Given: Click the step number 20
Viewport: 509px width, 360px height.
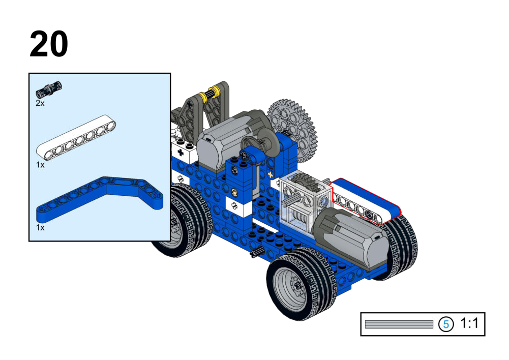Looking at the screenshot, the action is tap(49, 44).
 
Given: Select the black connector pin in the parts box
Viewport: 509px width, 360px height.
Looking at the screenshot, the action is tap(49, 89).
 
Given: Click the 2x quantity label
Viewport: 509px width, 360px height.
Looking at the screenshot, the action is tap(40, 103).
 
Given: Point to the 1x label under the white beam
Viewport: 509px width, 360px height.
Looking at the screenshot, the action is tap(40, 165).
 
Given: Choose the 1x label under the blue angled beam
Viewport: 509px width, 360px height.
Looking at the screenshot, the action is tap(40, 228).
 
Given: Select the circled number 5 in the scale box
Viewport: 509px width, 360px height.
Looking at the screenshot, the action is tap(446, 324).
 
